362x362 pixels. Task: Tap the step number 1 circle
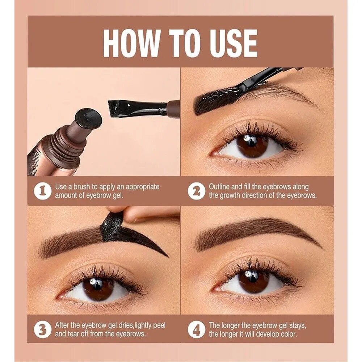[x=42, y=191]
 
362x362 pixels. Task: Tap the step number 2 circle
[x=196, y=191]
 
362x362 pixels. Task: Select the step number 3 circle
[x=42, y=330]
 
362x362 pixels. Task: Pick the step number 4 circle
[x=196, y=330]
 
